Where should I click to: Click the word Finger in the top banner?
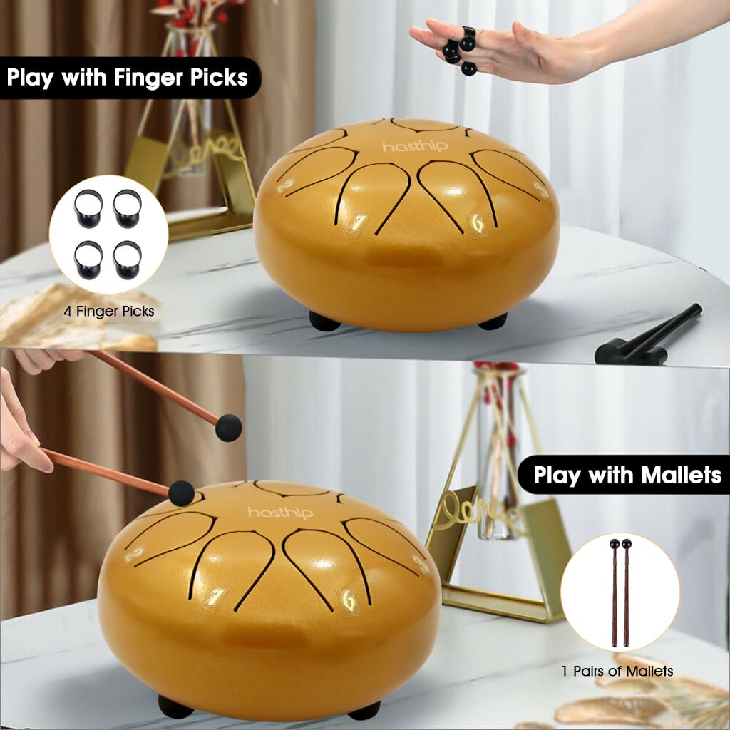click(149, 78)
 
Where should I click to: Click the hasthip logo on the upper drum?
click(416, 147)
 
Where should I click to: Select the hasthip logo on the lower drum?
click(280, 513)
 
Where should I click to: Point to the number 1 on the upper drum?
click(358, 223)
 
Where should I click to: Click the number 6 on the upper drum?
click(477, 223)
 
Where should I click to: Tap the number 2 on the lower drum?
click(133, 555)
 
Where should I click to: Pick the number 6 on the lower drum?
click(348, 600)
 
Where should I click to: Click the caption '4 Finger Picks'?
click(109, 311)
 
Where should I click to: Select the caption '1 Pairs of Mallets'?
click(617, 671)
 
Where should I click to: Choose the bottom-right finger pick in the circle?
click(127, 259)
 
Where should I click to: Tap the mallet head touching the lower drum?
click(181, 493)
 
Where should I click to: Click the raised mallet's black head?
click(229, 428)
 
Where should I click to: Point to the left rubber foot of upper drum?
click(324, 322)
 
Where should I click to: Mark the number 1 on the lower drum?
click(214, 597)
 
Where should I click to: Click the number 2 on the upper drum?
click(285, 186)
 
